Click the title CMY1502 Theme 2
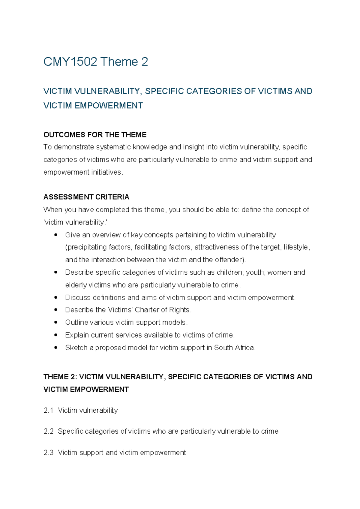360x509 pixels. tap(95, 62)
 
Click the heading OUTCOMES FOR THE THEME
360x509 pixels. tap(95, 135)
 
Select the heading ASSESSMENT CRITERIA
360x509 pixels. tap(86, 197)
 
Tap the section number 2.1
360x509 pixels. tap(48, 410)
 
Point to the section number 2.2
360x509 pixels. tap(48, 431)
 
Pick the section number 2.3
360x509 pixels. tap(48, 453)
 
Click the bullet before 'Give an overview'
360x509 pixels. tap(56, 235)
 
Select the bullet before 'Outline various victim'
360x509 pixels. tap(56, 323)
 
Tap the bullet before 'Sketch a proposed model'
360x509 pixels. tap(56, 348)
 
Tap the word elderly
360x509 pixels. tap(76, 285)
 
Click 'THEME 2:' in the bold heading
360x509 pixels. tap(60, 377)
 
